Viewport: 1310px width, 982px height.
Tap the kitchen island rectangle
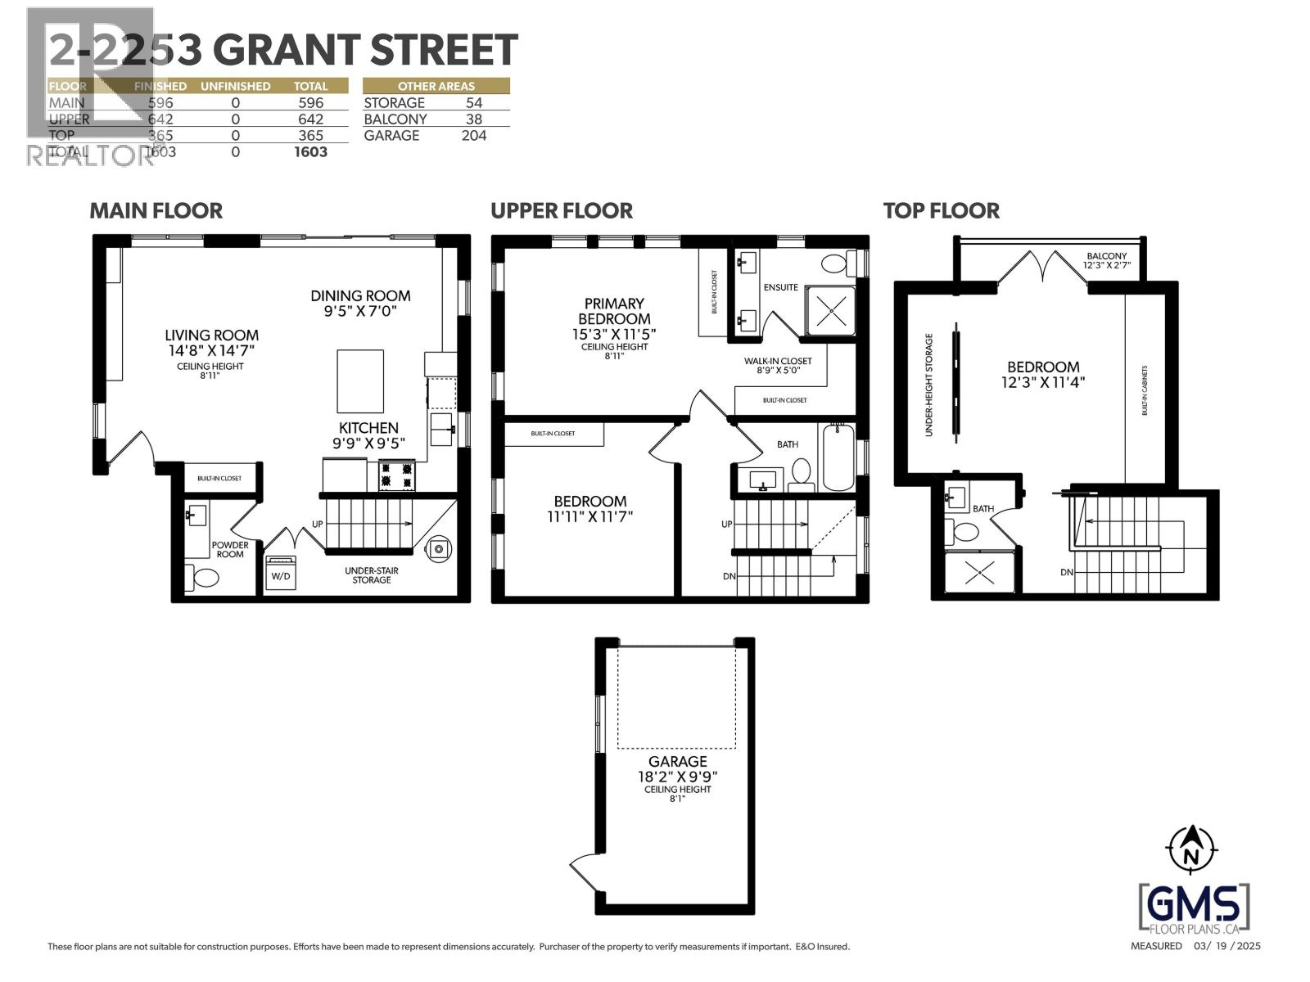(360, 381)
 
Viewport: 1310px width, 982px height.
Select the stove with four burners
(396, 475)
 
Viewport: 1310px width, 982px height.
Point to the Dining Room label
(360, 303)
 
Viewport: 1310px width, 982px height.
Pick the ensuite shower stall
(831, 310)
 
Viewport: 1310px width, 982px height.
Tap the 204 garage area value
(473, 136)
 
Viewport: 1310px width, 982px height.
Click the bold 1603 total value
(310, 152)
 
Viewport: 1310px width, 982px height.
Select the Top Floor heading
(941, 210)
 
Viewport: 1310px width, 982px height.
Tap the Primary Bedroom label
(613, 311)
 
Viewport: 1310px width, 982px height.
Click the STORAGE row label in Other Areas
(394, 103)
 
